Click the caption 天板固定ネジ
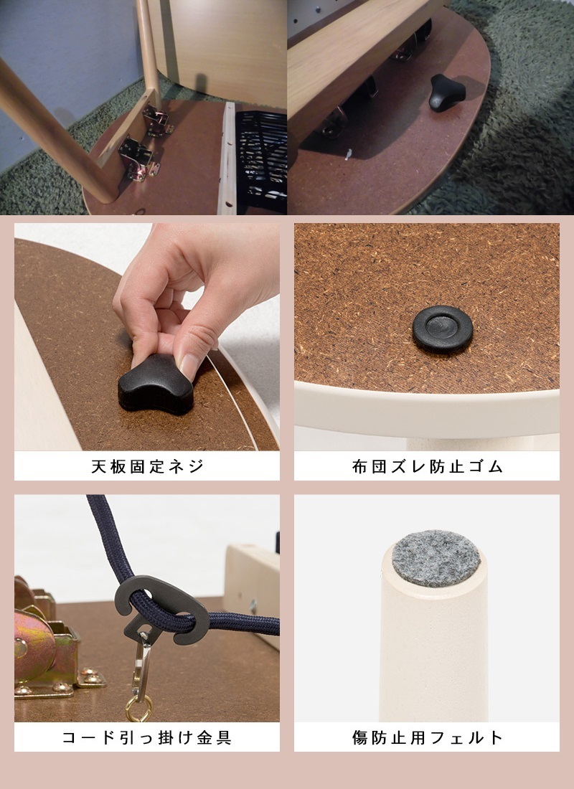tap(147, 466)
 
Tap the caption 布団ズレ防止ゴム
tap(427, 466)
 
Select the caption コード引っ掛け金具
tap(147, 737)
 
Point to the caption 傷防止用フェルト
tap(427, 737)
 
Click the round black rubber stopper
tap(443, 329)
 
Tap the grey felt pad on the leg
tap(436, 557)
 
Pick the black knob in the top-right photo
tap(446, 93)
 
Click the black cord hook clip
tap(162, 610)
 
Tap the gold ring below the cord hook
tap(138, 709)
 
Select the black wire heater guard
tap(261, 160)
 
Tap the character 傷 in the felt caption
tap(359, 737)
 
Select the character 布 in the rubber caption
tap(359, 466)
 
